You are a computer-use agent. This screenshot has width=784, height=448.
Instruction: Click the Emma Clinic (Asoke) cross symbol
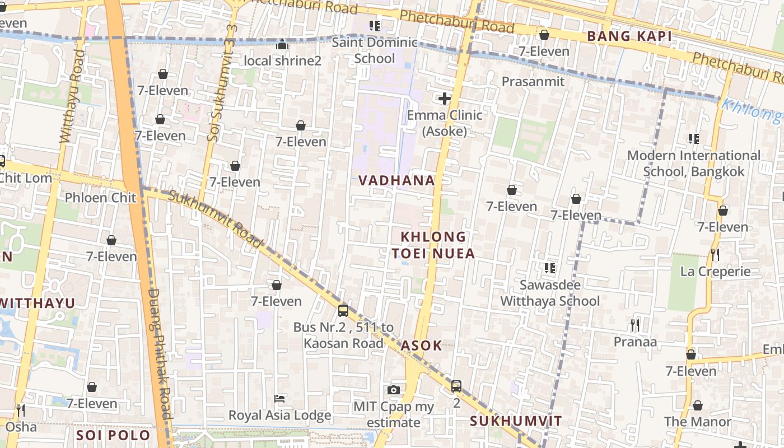[x=445, y=99]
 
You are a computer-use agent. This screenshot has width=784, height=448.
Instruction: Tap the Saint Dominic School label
[x=375, y=50]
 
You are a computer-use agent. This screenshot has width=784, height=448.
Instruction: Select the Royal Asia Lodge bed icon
[x=279, y=399]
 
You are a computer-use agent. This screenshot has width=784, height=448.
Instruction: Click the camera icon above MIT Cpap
[x=394, y=390]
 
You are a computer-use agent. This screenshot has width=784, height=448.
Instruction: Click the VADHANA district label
[x=396, y=180]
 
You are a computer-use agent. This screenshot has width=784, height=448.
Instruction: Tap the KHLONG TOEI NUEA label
[x=433, y=245]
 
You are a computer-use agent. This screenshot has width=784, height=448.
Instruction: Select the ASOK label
[x=422, y=346]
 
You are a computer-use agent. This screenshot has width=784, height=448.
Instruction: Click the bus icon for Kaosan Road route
[x=343, y=310]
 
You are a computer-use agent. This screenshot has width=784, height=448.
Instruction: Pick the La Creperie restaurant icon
[x=715, y=255]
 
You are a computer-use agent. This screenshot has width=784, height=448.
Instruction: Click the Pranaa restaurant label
[x=635, y=342]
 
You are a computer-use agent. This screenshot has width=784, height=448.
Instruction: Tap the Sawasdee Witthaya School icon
[x=550, y=268]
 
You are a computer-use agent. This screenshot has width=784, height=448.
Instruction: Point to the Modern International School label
[x=693, y=163]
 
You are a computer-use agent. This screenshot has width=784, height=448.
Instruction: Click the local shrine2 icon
[x=282, y=44]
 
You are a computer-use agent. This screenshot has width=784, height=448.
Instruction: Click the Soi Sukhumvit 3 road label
[x=215, y=83]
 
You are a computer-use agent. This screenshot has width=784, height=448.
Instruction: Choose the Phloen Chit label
[x=100, y=198]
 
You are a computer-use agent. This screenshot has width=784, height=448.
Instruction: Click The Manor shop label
[x=697, y=422]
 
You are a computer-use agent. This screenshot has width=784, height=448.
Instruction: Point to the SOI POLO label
[x=113, y=435]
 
